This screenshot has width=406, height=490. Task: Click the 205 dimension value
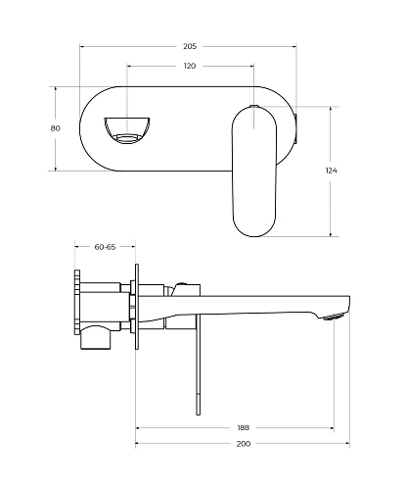click(190, 46)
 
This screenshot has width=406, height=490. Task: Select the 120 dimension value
click(190, 66)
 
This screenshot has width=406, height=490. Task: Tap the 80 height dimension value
click(56, 128)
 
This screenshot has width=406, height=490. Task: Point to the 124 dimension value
click(331, 171)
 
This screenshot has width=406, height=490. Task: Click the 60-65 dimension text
click(105, 247)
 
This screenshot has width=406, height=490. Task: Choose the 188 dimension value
click(244, 427)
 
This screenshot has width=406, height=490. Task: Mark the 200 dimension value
click(244, 444)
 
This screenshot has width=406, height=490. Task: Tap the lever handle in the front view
click(254, 171)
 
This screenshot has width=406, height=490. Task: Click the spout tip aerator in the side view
click(334, 317)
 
